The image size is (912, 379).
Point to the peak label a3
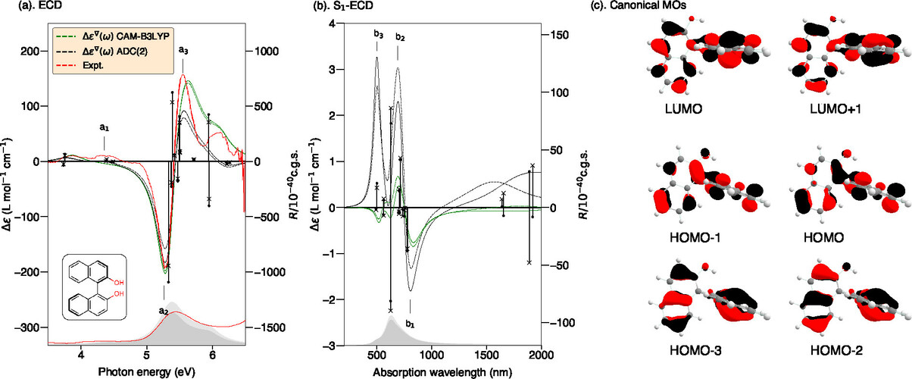point(183,51)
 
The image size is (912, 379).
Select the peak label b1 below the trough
point(411,324)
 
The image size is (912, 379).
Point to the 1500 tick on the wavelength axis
point(486,355)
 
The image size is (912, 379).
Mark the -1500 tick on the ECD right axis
point(266,327)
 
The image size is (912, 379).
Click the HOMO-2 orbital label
point(835,352)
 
